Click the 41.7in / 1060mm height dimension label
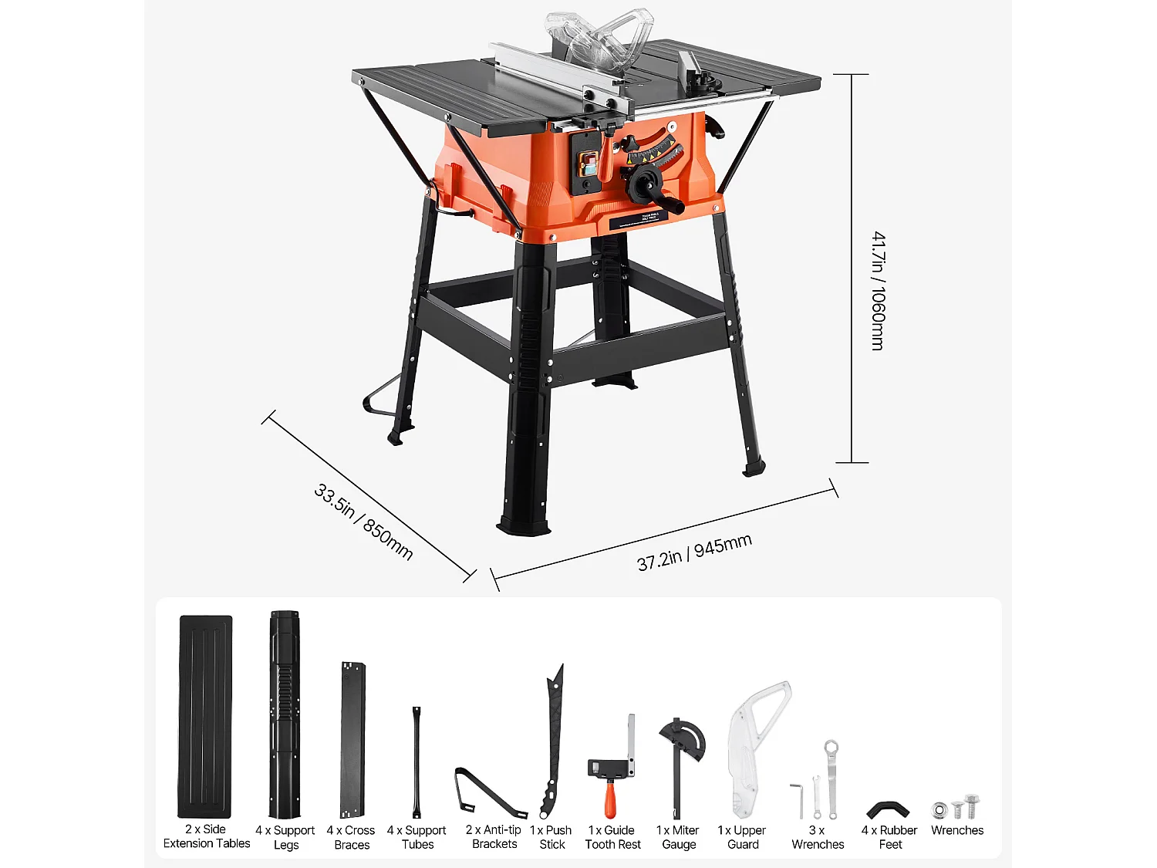tap(878, 292)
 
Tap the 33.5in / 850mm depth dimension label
tap(363, 522)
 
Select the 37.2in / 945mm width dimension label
tap(694, 552)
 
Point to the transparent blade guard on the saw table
tap(600, 37)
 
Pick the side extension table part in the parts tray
tap(205, 716)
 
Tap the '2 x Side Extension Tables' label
tap(206, 836)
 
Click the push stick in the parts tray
tap(553, 741)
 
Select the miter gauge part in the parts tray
tap(680, 764)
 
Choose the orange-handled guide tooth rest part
tap(612, 772)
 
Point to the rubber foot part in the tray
tap(888, 810)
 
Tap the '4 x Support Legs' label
tap(285, 837)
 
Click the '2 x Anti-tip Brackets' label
tap(494, 837)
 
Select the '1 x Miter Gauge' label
tap(678, 837)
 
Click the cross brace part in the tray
tap(352, 739)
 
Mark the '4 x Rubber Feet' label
tap(889, 837)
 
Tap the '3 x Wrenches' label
tap(818, 837)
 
